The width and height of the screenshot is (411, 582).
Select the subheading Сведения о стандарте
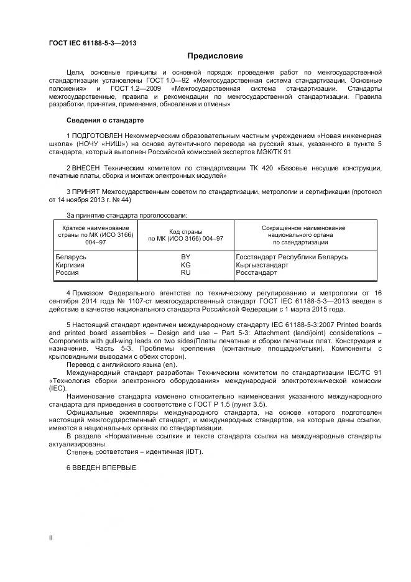pyautogui.click(x=105, y=119)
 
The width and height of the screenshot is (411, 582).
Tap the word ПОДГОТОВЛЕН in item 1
pyautogui.click(x=95, y=135)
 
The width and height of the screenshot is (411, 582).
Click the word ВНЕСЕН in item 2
pyautogui.click(x=86, y=169)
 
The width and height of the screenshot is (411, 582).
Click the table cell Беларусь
pyautogui.click(x=71, y=257)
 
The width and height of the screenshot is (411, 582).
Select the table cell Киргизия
pyautogui.click(x=70, y=265)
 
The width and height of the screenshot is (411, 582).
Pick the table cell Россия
pyautogui.click(x=67, y=272)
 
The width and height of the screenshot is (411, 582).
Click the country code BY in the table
pyautogui.click(x=185, y=257)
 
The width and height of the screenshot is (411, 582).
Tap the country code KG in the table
pyautogui.click(x=185, y=265)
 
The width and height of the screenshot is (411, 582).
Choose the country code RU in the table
pyautogui.click(x=185, y=272)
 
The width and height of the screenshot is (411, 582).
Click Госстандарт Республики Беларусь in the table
pyautogui.click(x=292, y=257)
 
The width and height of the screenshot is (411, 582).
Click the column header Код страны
pyautogui.click(x=185, y=232)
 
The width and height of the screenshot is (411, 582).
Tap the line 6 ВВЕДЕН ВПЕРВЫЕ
pyautogui.click(x=101, y=467)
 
